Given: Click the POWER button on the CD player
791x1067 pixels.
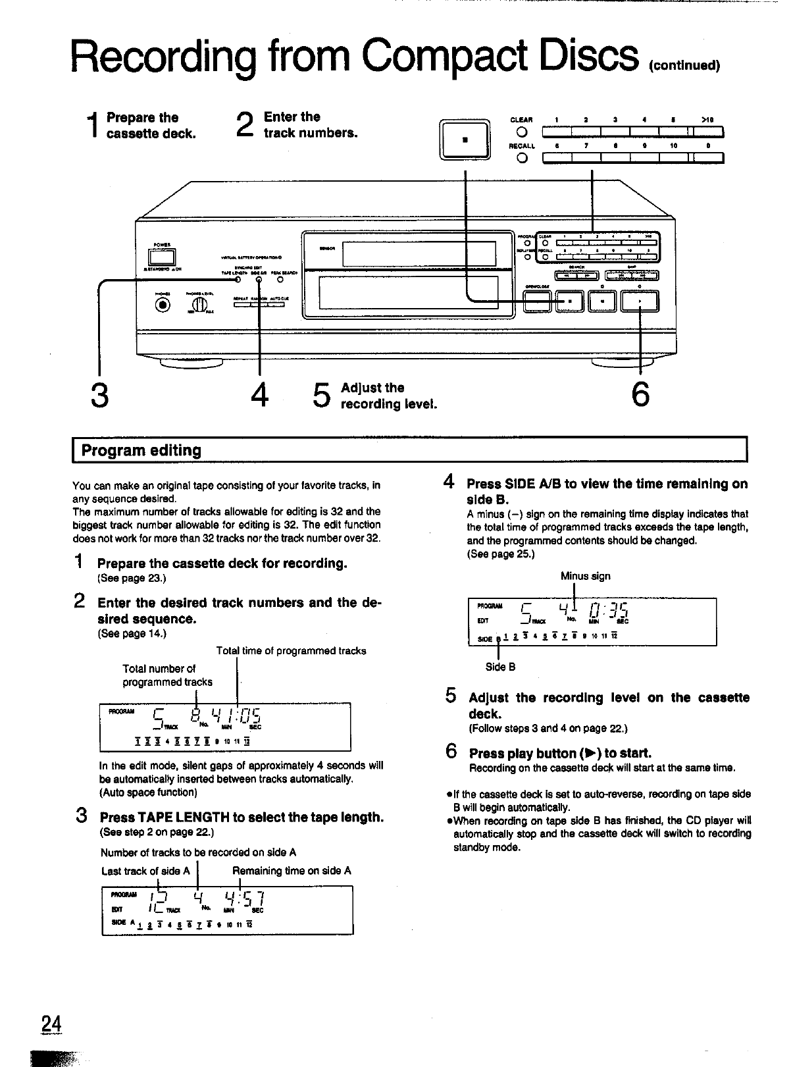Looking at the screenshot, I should pyautogui.click(x=165, y=257).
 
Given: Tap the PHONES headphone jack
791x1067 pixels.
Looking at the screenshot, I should pyautogui.click(x=162, y=304).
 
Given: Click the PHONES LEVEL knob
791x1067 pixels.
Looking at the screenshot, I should pyautogui.click(x=199, y=305).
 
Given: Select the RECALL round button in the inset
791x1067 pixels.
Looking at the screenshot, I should pyautogui.click(x=522, y=159).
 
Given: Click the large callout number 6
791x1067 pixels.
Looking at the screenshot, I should pyautogui.click(x=640, y=395).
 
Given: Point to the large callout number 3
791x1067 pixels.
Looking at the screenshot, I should pyautogui.click(x=99, y=396).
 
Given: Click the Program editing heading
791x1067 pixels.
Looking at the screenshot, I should pyautogui.click(x=141, y=451).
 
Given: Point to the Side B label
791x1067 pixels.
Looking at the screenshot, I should pyautogui.click(x=500, y=667).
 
